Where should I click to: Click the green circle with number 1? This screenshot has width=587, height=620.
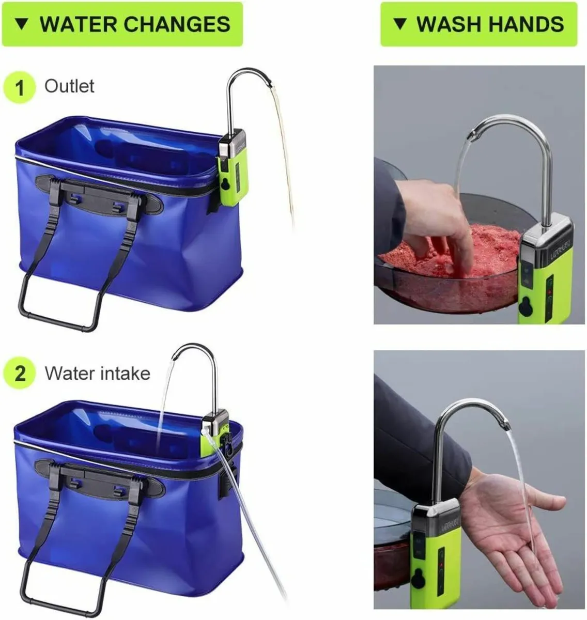coord(19,87)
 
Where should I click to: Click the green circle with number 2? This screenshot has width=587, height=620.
coord(19,373)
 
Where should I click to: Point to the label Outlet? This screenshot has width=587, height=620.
coord(69,86)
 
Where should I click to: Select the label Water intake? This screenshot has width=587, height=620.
coord(97,373)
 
